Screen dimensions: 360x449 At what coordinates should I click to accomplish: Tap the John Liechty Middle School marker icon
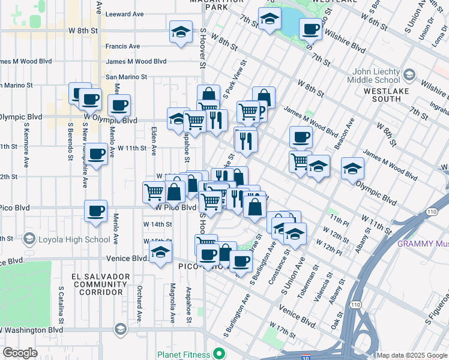tap(410, 75)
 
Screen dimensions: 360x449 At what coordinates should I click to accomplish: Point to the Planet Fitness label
tap(185, 354)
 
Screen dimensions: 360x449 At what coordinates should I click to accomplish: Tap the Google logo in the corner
tap(20, 353)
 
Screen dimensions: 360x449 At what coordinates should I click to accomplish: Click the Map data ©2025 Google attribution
tap(412, 355)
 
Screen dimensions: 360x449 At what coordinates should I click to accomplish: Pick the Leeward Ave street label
tap(124, 14)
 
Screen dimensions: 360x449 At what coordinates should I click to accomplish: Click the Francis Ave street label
tap(122, 46)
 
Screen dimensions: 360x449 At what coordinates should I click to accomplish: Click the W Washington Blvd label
tap(32, 330)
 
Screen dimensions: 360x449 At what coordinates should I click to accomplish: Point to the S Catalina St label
tap(61, 303)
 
